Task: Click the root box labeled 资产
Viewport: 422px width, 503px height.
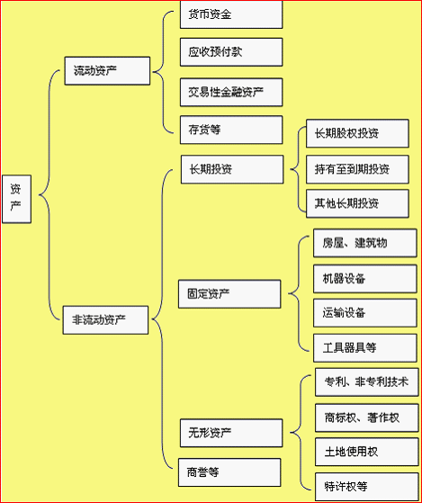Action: [x=17, y=199]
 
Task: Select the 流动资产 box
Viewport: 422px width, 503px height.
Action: [x=107, y=71]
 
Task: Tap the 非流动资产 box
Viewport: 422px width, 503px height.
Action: [x=105, y=319]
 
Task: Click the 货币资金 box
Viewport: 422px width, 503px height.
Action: [x=231, y=14]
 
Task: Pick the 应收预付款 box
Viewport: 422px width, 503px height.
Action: [x=231, y=52]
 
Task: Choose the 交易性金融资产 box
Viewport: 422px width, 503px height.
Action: [x=231, y=92]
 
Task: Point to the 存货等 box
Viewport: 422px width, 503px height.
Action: [x=231, y=130]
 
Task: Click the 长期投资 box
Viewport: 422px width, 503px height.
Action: [x=232, y=169]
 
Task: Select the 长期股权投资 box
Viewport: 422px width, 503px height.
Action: [x=357, y=133]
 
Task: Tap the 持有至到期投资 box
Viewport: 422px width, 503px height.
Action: [x=357, y=169]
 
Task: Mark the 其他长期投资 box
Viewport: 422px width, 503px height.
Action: [x=357, y=203]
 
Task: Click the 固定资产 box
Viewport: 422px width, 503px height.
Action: [x=229, y=294]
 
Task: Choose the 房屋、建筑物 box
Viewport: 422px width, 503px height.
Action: [x=365, y=243]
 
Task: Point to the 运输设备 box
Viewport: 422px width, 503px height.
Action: [x=365, y=313]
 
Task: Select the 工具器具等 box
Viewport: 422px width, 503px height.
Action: [x=365, y=348]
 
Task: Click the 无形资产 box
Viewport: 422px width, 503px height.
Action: [x=231, y=433]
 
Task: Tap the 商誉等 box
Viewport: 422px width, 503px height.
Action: [x=229, y=472]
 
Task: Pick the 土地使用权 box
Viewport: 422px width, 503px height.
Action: [x=367, y=452]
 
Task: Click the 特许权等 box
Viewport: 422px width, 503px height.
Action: [x=367, y=487]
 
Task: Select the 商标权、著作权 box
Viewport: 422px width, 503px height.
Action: [x=367, y=418]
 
